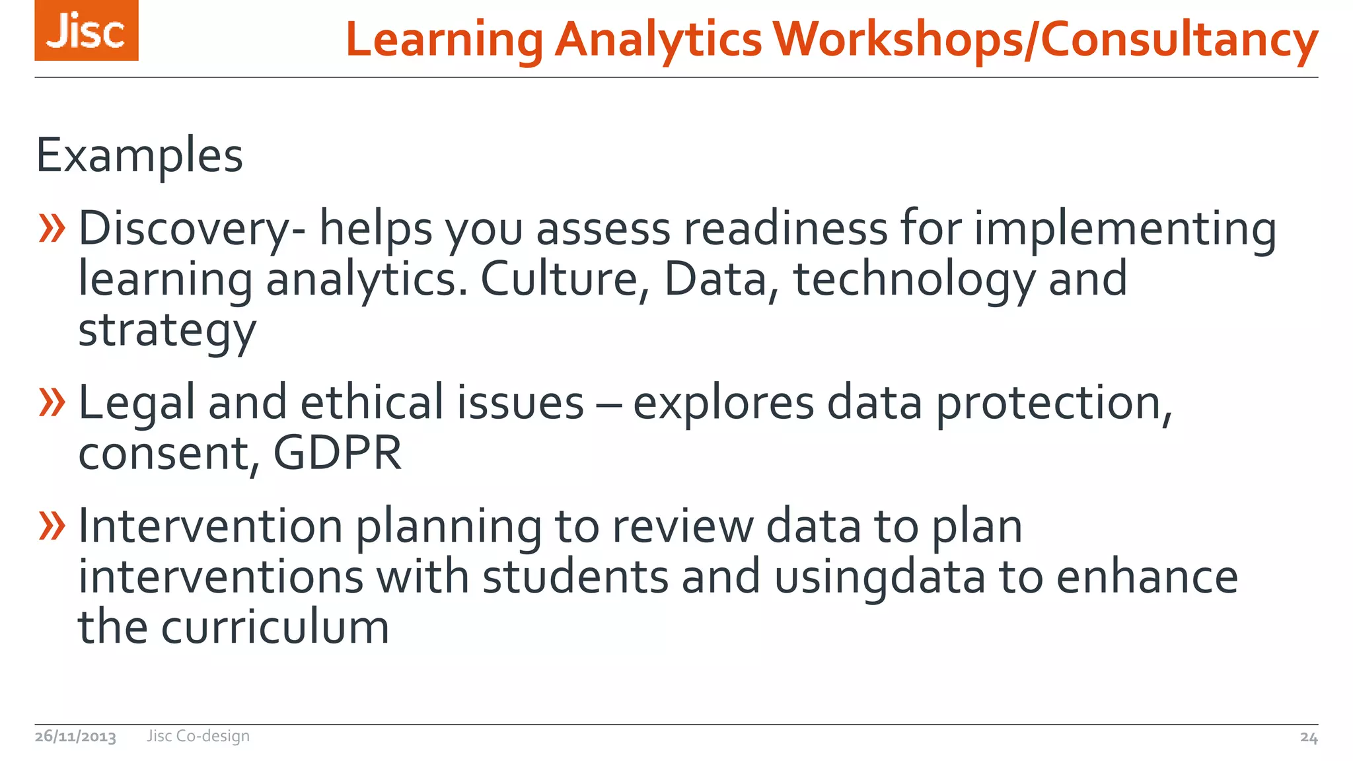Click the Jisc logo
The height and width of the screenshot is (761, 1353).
tap(87, 30)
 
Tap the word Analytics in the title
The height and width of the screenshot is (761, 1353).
tap(658, 40)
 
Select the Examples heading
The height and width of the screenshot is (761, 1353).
tap(139, 156)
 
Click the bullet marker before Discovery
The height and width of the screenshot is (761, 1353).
tap(52, 229)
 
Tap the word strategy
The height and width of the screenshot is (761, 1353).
tap(166, 330)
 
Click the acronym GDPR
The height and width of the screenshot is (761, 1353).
tap(338, 453)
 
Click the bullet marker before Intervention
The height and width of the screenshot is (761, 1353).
tap(52, 526)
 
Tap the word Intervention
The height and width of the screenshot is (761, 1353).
tap(211, 526)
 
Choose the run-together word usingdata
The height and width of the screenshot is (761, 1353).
tap(879, 577)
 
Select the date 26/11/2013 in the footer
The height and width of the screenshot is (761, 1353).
tap(75, 737)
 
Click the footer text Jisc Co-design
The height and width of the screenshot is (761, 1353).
tap(198, 736)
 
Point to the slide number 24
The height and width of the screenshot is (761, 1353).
tap(1308, 737)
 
